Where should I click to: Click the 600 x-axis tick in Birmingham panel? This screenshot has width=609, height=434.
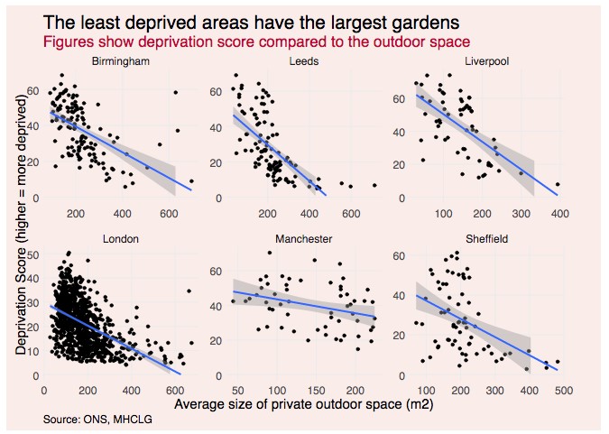pyautogui.click(x=168, y=214)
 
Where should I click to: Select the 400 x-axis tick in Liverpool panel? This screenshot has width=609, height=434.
pyautogui.click(x=560, y=214)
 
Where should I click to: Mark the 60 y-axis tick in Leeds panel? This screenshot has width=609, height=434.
pyautogui.click(x=216, y=91)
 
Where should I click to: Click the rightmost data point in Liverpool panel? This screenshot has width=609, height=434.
pyautogui.click(x=558, y=184)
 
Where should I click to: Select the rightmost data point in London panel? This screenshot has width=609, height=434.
pyautogui.click(x=189, y=291)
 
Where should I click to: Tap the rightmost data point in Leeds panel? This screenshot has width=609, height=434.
pyautogui.click(x=374, y=185)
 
